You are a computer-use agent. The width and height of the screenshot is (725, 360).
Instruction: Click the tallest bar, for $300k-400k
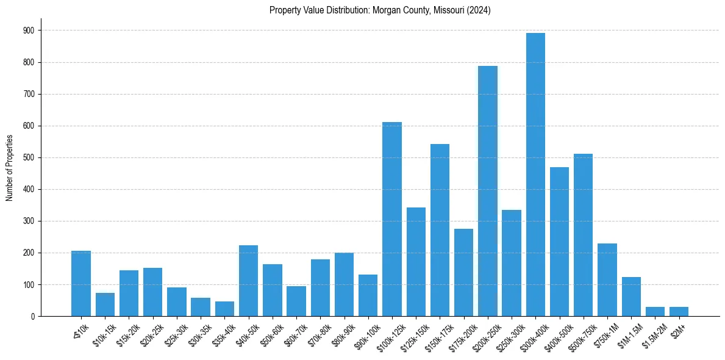coord(535,175)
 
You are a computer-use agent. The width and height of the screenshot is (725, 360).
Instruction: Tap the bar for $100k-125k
coord(392,219)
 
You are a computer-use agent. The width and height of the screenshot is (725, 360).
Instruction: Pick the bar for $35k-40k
coord(224,309)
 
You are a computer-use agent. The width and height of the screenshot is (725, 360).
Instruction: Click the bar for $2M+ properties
coord(679,311)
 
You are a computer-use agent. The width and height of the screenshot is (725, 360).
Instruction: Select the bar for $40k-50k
coord(248,281)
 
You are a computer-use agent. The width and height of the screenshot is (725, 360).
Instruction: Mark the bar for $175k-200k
coord(463,272)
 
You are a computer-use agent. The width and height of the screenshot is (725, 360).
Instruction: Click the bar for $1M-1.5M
coord(631,297)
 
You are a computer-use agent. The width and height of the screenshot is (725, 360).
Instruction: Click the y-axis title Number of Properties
coord(9,168)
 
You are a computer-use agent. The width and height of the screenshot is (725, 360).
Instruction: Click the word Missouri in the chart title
coord(449,10)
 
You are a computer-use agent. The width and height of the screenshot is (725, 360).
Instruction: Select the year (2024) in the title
coord(480,10)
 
